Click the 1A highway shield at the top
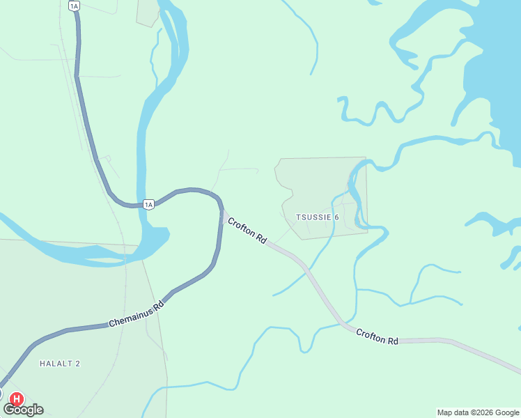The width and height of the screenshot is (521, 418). pyautogui.click(x=75, y=6)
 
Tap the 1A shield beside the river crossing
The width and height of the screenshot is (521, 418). pyautogui.click(x=148, y=204)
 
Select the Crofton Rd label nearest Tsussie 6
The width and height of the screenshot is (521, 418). pyautogui.click(x=247, y=230)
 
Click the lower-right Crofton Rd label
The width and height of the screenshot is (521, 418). pyautogui.click(x=377, y=336)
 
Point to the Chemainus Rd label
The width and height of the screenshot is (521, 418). pyautogui.click(x=136, y=315)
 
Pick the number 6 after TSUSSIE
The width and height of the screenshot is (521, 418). pyautogui.click(x=336, y=217)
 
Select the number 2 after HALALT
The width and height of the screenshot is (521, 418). pyautogui.click(x=78, y=364)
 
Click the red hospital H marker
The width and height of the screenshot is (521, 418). pyautogui.click(x=16, y=399)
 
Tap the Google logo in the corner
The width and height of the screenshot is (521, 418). pyautogui.click(x=23, y=410)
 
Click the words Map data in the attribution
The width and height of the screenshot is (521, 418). pyautogui.click(x=453, y=412)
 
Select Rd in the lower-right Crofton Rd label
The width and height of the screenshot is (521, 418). pyautogui.click(x=393, y=341)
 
